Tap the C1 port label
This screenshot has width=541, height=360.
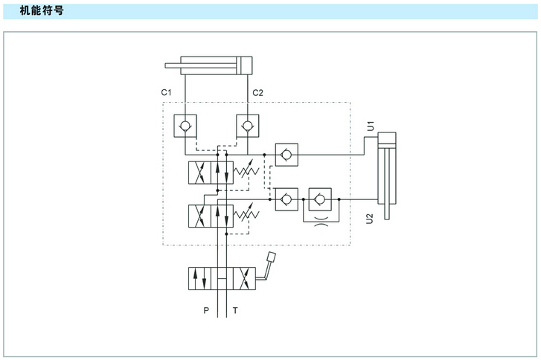click(167, 93)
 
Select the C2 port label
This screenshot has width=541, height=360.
click(257, 93)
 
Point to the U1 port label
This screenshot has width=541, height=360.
click(370, 126)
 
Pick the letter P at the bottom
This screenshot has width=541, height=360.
click(206, 311)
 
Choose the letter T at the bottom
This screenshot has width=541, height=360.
click(235, 311)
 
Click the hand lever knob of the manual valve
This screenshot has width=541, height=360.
click(271, 258)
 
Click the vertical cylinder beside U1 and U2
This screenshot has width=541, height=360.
click(388, 167)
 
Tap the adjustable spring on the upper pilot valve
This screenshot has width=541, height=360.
click(246, 173)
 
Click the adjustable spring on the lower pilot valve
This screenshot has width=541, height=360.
click(246, 216)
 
